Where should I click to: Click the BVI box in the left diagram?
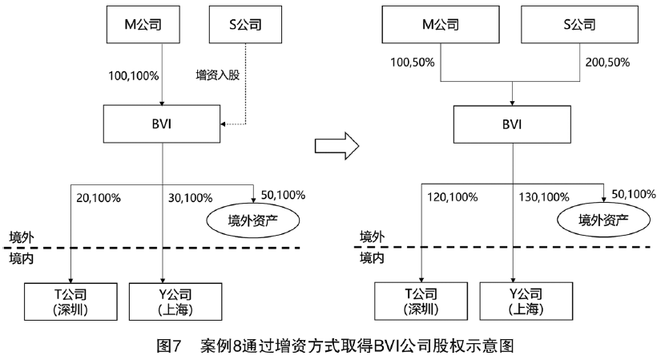(163, 124)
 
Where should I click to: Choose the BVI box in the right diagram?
(512, 124)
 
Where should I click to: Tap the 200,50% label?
(607, 62)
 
